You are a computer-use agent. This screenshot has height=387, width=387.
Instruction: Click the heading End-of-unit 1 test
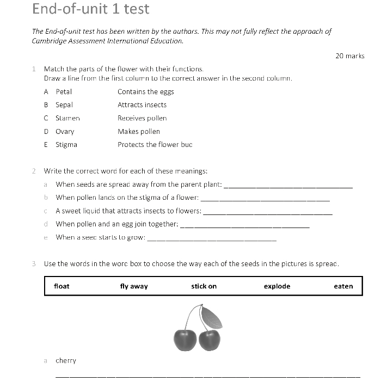coord(90,9)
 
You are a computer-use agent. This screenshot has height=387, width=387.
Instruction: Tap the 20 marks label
coord(349,56)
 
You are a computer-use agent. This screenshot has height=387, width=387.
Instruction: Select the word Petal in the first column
coord(64,91)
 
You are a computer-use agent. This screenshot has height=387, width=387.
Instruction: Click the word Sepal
coord(64,105)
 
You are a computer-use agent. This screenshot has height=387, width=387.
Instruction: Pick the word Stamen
coord(67,118)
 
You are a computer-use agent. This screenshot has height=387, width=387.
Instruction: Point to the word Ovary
coord(65,131)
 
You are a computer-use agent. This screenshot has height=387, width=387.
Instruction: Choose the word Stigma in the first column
coord(66,144)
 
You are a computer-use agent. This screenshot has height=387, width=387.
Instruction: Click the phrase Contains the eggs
coord(145,91)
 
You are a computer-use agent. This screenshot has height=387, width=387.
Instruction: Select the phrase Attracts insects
coord(142,105)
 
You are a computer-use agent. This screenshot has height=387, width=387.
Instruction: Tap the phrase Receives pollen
coord(142,118)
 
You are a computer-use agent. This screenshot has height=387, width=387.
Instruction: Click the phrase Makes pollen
coord(139,131)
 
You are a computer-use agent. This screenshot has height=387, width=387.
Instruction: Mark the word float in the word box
coord(62,286)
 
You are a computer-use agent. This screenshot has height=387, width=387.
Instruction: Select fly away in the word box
coord(134,286)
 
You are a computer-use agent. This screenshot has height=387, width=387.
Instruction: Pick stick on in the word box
coord(204,286)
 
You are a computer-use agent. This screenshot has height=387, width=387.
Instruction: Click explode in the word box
coord(277,286)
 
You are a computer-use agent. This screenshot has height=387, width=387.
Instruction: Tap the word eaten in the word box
coord(343,286)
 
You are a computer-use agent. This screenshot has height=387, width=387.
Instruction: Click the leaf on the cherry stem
coord(211,317)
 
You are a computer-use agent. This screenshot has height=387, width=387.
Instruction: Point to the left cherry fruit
coord(185,340)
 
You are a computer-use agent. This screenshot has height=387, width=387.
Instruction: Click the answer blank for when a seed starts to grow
coord(212,239)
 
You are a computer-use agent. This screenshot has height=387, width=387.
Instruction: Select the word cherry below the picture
coord(66,360)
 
